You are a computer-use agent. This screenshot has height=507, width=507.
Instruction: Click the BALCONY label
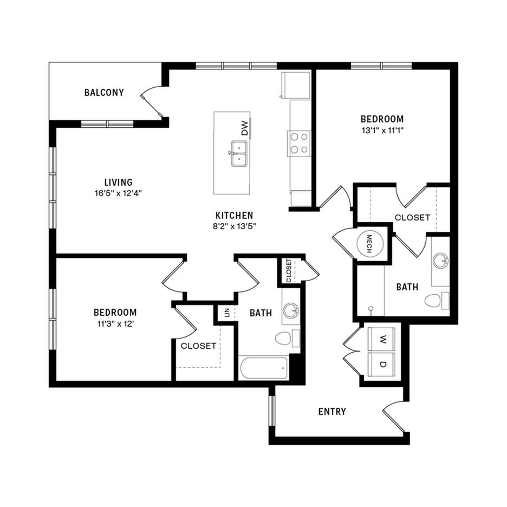[104, 93]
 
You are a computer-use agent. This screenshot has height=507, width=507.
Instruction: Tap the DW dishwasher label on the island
[245, 128]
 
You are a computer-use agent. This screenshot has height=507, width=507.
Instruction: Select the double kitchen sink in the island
[239, 154]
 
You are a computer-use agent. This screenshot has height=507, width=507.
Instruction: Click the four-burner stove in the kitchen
[299, 143]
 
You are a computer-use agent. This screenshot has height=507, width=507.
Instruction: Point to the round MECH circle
[370, 244]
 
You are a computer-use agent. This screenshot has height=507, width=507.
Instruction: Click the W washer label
[383, 339]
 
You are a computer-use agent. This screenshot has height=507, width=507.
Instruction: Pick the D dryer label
[383, 365]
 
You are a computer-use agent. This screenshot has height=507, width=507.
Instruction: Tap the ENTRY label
[332, 411]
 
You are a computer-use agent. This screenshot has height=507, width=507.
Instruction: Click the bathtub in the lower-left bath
[264, 368]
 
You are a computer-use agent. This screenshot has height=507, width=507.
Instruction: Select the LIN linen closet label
[226, 313]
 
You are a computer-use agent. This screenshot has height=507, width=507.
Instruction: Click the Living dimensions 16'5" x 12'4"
[118, 193]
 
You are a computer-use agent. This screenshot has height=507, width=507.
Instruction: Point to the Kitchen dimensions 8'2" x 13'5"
[235, 226]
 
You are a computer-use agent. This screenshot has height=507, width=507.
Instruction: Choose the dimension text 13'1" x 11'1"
[382, 131]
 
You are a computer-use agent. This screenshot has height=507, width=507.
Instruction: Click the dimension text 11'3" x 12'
[116, 324]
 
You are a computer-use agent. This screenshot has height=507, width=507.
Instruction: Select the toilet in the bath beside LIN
[288, 339]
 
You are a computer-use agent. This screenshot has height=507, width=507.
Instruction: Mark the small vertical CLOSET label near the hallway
[289, 270]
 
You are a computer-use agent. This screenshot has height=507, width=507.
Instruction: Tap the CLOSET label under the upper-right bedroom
[413, 217]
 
